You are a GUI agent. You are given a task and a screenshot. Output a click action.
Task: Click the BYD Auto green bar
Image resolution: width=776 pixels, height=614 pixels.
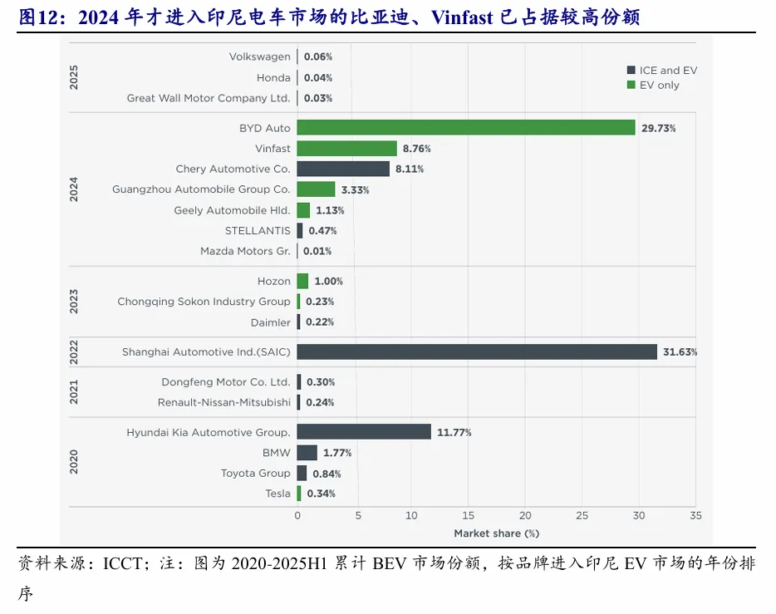tap(465, 128)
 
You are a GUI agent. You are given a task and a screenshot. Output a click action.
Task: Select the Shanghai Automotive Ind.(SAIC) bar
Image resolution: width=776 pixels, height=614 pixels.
tap(476, 351)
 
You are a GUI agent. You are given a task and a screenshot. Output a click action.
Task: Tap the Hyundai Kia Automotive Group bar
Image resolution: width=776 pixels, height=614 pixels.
tap(364, 432)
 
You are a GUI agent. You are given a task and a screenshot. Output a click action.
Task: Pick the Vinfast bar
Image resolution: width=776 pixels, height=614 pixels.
tap(346, 149)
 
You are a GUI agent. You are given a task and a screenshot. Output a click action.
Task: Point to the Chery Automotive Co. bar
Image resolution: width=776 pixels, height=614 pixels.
tap(343, 169)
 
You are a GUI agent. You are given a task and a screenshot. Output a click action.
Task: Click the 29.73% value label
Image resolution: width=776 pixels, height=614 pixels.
tap(658, 129)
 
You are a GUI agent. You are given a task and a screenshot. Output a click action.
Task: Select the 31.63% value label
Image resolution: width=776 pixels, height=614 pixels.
tap(680, 352)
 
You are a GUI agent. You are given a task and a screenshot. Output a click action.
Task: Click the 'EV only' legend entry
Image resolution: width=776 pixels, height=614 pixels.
tap(658, 85)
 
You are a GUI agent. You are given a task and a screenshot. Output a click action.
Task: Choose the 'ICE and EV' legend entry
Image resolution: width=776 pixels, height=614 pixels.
tap(667, 71)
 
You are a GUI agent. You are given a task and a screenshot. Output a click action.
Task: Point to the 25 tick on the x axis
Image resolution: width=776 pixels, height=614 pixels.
tap(582, 516)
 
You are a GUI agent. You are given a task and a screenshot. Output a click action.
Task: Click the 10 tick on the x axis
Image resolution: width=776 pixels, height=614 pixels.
tap(411, 516)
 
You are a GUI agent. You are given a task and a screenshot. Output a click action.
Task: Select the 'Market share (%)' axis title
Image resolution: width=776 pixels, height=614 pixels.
tap(496, 533)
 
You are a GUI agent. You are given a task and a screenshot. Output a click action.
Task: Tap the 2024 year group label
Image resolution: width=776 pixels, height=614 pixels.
tap(73, 189)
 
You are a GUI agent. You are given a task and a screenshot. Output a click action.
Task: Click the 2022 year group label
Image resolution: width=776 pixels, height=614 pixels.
tap(73, 351)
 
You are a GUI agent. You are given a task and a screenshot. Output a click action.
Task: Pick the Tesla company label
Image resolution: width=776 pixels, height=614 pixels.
tap(277, 494)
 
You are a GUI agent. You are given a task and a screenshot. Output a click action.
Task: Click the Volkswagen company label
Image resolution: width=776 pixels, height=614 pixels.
tap(259, 56)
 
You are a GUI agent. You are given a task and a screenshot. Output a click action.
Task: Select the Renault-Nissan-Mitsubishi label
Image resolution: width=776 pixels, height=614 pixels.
tap(223, 402)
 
